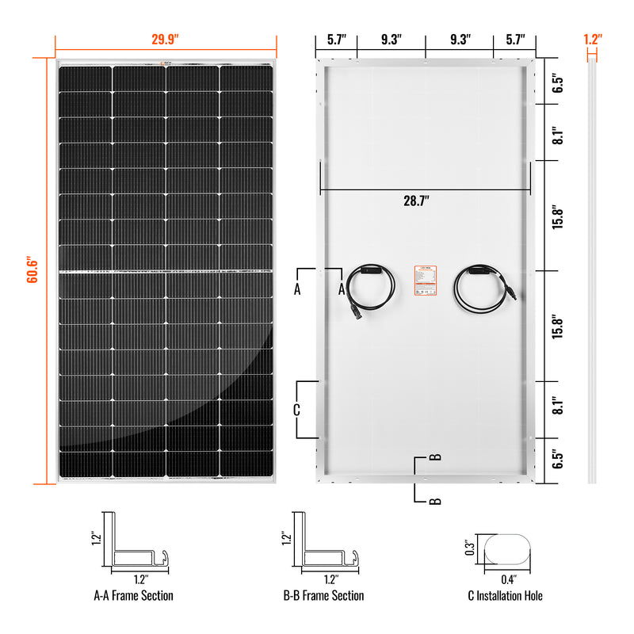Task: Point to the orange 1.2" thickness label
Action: click(592, 38)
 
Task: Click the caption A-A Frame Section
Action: click(134, 595)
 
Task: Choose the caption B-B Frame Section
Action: click(324, 595)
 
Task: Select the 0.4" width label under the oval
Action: click(508, 579)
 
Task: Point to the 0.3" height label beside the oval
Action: click(468, 548)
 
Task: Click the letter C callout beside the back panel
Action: click(296, 410)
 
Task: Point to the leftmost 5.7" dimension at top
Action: click(334, 39)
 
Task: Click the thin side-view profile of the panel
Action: click(591, 269)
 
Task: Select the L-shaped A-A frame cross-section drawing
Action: click(135, 547)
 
